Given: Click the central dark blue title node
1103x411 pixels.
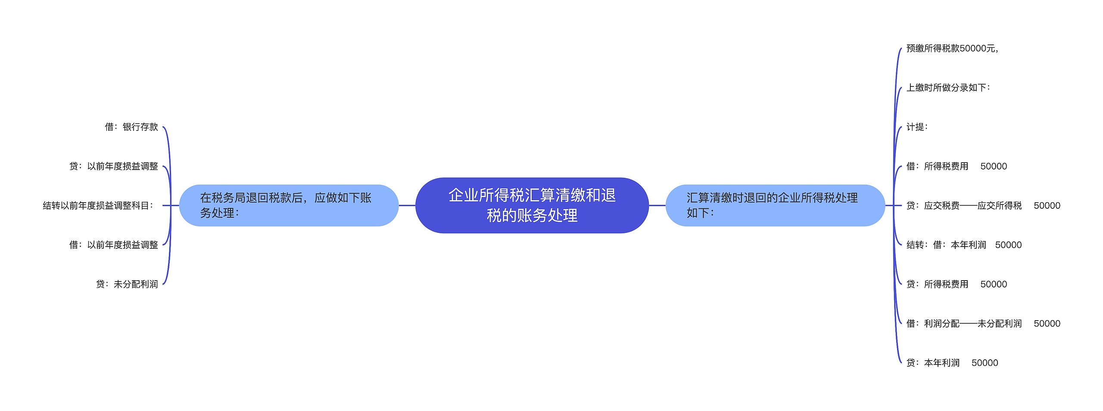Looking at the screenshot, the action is (532, 205).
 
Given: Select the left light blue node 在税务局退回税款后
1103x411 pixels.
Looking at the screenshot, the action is (289, 205).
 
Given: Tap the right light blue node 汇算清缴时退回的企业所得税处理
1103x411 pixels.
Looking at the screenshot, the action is (775, 205).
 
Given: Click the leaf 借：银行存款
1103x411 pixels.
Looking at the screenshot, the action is (131, 127).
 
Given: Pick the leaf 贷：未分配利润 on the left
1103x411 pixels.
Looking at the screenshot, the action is (127, 284).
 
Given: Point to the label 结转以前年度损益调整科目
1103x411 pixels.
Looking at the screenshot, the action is (98, 206).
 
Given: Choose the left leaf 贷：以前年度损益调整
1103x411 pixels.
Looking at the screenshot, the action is (114, 166).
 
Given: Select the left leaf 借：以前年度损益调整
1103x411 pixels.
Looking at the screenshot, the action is (114, 245).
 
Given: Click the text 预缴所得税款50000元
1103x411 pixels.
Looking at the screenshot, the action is (952, 48).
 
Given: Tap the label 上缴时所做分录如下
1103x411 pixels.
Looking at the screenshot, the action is (948, 88).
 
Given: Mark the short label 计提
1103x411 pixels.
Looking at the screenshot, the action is (917, 127).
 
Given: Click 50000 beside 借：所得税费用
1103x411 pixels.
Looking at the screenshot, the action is (994, 167).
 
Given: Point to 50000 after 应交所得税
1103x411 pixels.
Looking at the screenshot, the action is (1047, 206).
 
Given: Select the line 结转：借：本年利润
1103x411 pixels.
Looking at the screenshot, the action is (946, 245).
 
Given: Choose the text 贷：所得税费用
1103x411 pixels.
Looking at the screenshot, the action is (937, 284).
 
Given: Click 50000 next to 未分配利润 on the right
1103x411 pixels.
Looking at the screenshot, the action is (1047, 324).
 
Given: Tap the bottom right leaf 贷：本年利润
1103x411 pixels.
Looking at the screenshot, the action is (933, 363).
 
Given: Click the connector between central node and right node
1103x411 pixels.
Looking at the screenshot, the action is (657, 205).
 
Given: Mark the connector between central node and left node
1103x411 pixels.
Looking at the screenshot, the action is (407, 205).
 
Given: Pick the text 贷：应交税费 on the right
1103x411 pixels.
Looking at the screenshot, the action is (933, 206).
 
